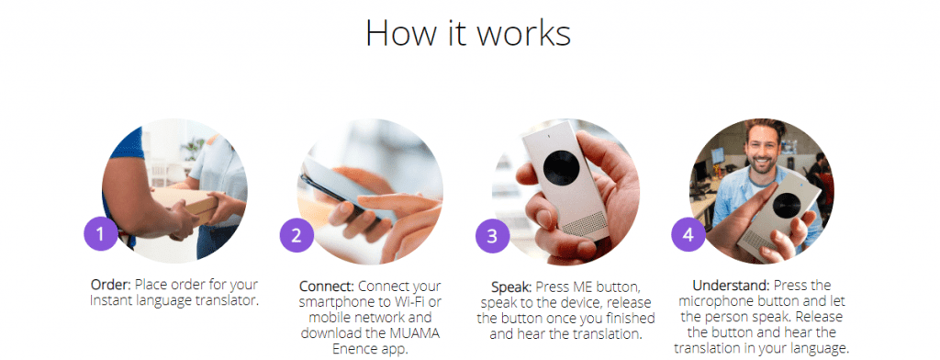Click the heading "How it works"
pos(467,33)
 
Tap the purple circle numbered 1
pos(101,234)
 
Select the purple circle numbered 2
pos(297,235)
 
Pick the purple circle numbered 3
pos(492,236)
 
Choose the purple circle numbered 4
pos(688,234)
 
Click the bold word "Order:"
pos(111,285)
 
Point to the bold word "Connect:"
pos(327,286)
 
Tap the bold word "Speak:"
pos(512,287)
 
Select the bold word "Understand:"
pos(730,285)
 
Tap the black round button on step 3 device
pos(561,167)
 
